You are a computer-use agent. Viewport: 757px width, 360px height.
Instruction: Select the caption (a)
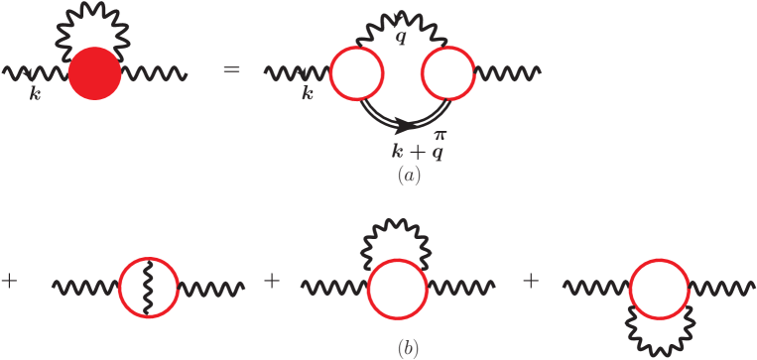[407, 178]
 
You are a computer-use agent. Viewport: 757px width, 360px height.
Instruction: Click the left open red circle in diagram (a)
[356, 73]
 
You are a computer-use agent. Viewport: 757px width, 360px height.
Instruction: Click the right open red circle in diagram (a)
[447, 73]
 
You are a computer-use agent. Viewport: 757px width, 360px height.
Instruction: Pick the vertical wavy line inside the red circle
[147, 288]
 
